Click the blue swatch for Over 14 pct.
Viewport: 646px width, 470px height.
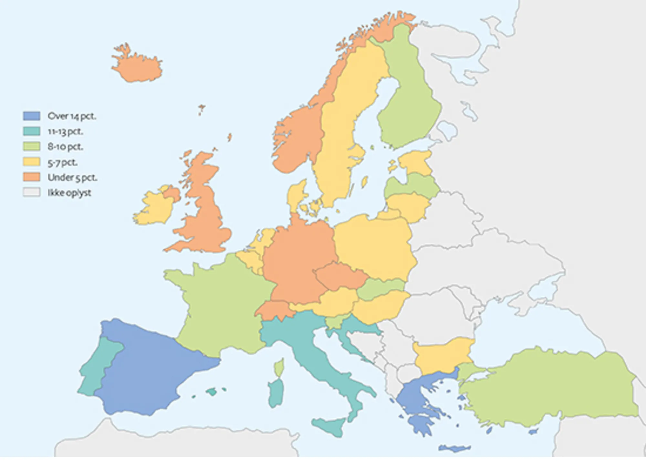(x=32, y=116)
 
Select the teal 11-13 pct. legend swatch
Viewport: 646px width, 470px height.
(x=32, y=131)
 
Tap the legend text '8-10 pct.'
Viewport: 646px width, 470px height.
(x=65, y=147)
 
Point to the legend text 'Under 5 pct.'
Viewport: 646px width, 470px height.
(x=72, y=177)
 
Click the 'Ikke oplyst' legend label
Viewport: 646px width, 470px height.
(x=69, y=193)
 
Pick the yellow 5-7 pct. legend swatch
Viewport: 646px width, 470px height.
(x=32, y=162)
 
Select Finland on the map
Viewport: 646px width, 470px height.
(x=409, y=103)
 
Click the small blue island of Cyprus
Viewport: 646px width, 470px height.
(x=533, y=432)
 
